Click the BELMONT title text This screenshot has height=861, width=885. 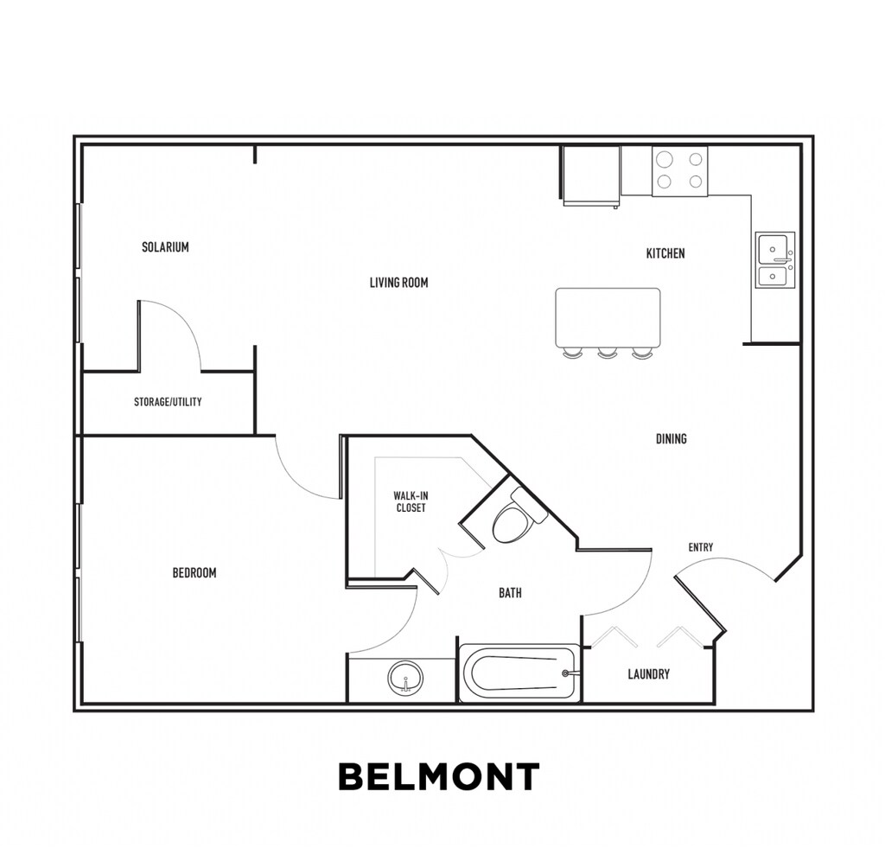coord(438,776)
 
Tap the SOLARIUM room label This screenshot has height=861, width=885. coord(165,247)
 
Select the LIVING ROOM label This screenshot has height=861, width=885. coord(398,283)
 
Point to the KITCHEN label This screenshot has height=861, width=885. coord(665,253)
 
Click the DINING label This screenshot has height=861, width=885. coord(671,439)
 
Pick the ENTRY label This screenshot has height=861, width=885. coord(700,547)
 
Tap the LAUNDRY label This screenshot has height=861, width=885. coord(648,674)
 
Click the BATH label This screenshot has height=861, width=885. coord(510,593)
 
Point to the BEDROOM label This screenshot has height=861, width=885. coord(194,572)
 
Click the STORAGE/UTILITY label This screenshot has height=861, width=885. coord(168,402)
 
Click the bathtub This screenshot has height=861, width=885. coord(519,673)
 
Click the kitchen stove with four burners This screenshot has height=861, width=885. coord(679,170)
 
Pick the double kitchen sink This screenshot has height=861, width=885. coord(774,260)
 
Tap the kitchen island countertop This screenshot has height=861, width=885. coord(608,316)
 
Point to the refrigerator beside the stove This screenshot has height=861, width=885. coord(591,175)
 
